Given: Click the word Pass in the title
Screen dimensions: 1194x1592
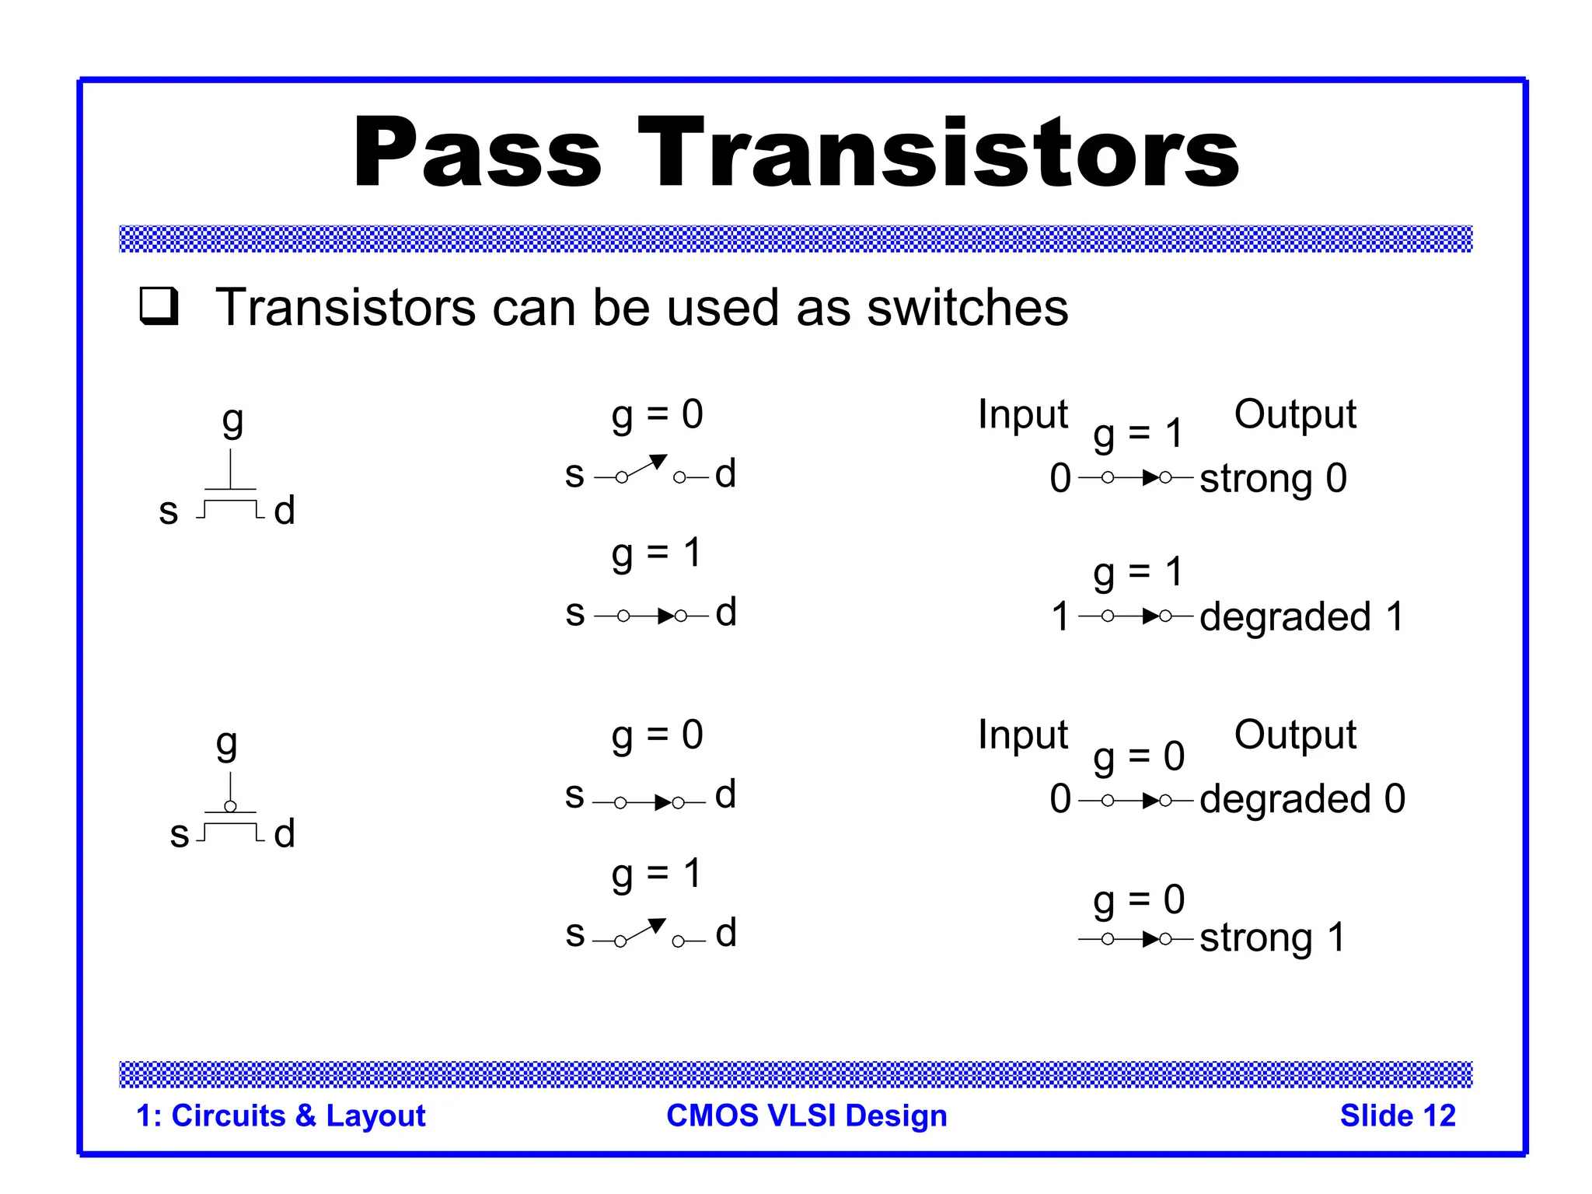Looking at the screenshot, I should (477, 152).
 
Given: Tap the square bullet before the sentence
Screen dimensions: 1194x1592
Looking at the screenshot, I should (159, 305).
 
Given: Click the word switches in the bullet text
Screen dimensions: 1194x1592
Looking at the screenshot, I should (967, 308).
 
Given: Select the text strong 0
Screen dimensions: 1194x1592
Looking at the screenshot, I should (1273, 478).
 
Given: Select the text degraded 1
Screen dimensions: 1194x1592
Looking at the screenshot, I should (1301, 616).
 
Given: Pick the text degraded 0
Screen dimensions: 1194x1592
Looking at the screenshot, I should (1302, 799).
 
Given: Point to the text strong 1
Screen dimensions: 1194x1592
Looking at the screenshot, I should (1272, 937).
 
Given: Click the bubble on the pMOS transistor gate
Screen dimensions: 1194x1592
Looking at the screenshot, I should (230, 806).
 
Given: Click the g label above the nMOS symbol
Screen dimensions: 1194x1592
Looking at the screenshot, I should (232, 423).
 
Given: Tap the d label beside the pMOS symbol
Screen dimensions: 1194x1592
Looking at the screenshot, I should (285, 833).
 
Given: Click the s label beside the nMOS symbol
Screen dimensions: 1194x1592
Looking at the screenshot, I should (169, 511).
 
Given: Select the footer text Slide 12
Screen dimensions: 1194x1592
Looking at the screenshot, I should (1397, 1115).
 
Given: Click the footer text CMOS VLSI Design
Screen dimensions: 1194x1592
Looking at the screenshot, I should (806, 1115).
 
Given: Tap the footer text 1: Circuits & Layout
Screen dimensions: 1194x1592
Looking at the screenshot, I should (281, 1115).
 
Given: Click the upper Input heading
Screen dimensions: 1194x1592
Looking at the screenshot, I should (1022, 414).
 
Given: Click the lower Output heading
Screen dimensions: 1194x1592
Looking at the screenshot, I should (1294, 735).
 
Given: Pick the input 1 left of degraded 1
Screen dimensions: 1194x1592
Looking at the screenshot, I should (1060, 616).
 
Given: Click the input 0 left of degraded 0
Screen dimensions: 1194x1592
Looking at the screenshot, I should (1060, 799).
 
